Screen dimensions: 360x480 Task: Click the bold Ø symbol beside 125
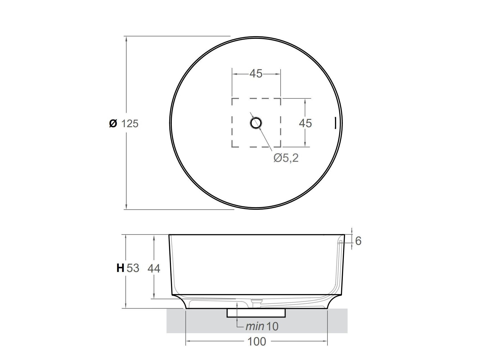pos(113,123)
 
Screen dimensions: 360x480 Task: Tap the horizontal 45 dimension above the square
pos(256,74)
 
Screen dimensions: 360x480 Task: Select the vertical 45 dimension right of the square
pos(305,123)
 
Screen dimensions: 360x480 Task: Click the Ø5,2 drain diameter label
pos(286,158)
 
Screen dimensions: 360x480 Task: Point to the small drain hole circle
pos(256,123)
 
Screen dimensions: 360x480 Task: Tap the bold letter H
pos(120,268)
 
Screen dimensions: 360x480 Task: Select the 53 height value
pos(133,268)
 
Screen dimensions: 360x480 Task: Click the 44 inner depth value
pos(154,269)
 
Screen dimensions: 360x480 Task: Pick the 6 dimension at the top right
pos(358,241)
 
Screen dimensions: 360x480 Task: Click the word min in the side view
pos(255,326)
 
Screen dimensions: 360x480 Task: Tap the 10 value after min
pos(272,326)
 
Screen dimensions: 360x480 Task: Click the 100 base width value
pos(257,342)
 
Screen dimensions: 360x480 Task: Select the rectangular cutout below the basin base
pos(256,313)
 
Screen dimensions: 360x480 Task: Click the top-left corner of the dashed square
pos(232,99)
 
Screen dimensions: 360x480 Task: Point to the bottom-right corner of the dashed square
pos(280,146)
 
